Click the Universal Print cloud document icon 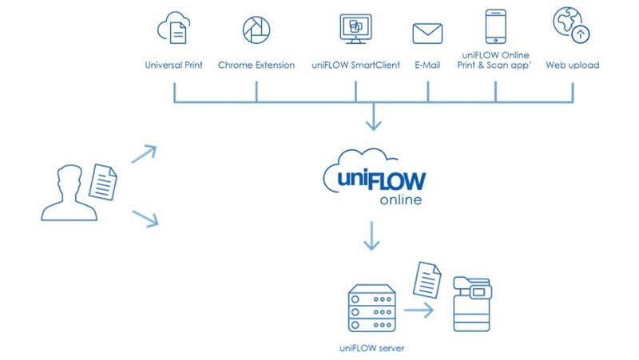coord(173,30)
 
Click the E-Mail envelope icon coord(427,33)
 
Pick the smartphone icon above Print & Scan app coord(495,26)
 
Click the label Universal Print coord(173,65)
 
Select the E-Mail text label coord(427,65)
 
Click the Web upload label coord(572,65)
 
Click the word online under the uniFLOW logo coord(400,199)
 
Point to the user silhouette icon coord(67,192)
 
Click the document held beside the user coord(103,181)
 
